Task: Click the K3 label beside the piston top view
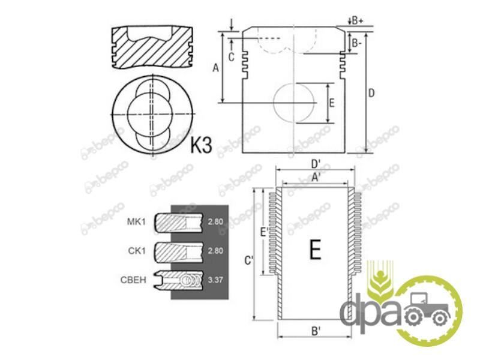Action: click(x=201, y=145)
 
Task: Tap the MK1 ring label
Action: click(x=136, y=221)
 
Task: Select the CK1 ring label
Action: click(x=137, y=251)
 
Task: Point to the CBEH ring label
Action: click(x=133, y=280)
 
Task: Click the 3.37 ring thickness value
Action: click(x=215, y=280)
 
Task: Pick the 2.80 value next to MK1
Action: click(x=215, y=221)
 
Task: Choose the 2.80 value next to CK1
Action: click(x=215, y=251)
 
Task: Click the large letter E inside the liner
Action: click(x=316, y=250)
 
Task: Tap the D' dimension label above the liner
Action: click(x=316, y=164)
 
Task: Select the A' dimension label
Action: click(x=316, y=177)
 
